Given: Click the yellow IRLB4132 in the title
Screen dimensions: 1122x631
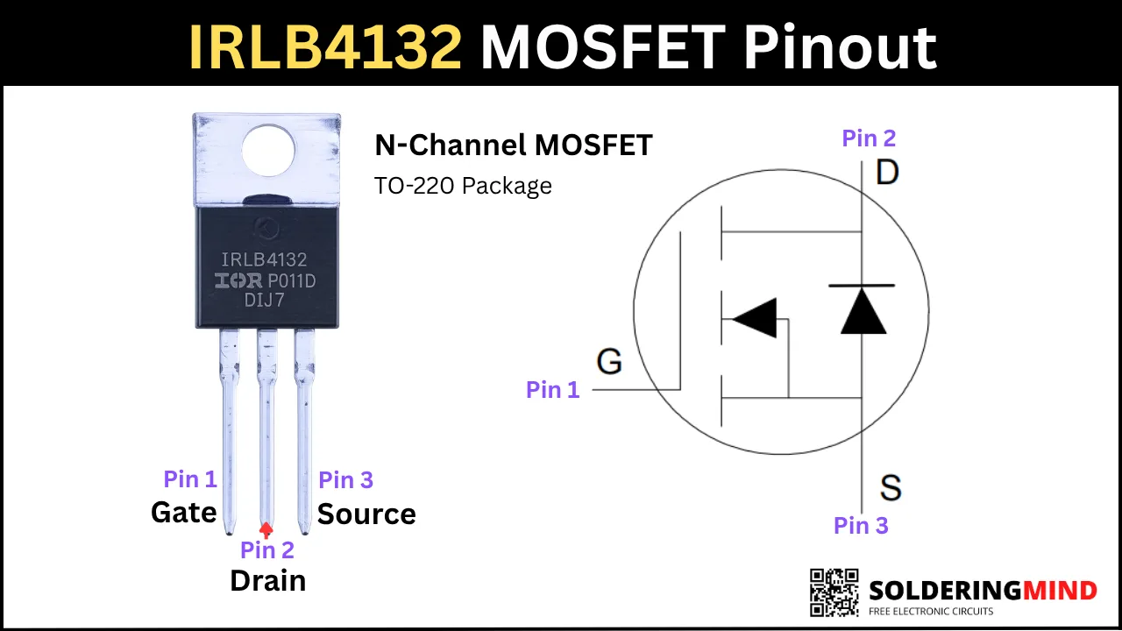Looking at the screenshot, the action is tap(325, 46).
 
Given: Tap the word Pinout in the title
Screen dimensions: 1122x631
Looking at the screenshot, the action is tap(840, 46).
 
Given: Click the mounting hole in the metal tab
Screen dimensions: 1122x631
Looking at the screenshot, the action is tap(268, 150).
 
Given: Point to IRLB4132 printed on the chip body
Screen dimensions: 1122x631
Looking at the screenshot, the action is tap(264, 259).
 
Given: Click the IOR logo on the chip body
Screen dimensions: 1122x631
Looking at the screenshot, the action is tap(238, 281).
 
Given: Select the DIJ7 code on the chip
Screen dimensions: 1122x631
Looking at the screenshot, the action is tap(264, 300).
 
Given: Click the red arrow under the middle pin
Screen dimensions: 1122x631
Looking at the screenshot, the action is tap(266, 530).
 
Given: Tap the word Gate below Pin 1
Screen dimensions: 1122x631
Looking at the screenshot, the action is tap(184, 513).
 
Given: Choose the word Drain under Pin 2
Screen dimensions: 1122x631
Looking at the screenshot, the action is tap(268, 581).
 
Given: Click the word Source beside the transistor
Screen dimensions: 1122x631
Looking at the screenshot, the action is tap(366, 514).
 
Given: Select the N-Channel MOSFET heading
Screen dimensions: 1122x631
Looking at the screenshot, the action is tap(514, 145).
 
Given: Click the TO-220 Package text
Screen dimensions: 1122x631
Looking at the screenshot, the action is tap(463, 186).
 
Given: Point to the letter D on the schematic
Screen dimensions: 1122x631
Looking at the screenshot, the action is tap(887, 173).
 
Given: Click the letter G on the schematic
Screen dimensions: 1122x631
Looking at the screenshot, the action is tap(609, 361).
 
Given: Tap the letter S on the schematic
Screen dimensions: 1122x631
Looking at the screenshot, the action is tap(891, 487).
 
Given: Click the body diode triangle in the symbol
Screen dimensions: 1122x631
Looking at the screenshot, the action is tap(863, 310).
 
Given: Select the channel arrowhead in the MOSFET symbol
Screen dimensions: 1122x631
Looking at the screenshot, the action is tap(755, 318).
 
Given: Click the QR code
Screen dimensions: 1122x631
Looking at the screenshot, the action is tap(834, 592).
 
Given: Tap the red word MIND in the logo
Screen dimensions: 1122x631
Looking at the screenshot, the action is tap(1060, 591).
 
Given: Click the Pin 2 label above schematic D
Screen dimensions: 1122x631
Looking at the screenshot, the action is tap(869, 138).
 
